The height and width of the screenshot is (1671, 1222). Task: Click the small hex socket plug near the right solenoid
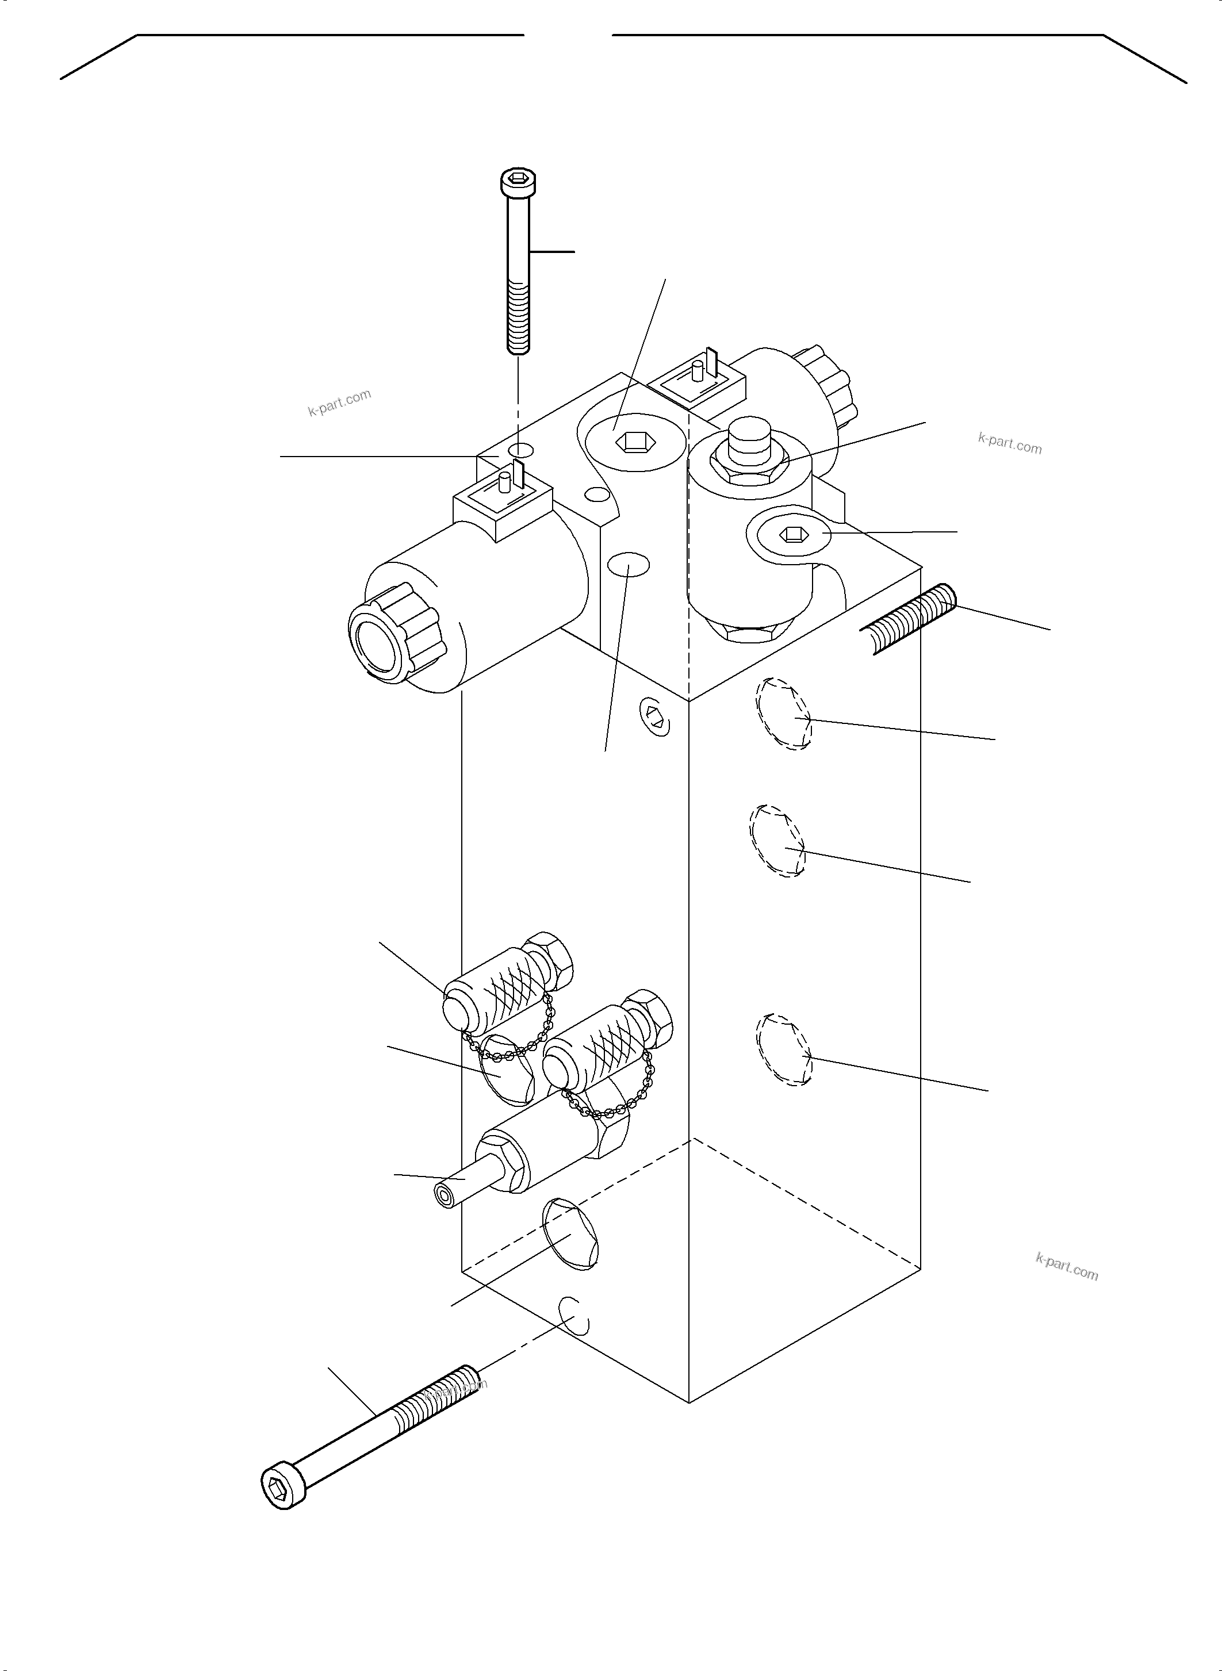coord(791,532)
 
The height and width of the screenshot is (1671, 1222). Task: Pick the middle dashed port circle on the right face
coord(777,841)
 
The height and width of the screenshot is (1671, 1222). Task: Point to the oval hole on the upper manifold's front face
coord(628,566)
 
